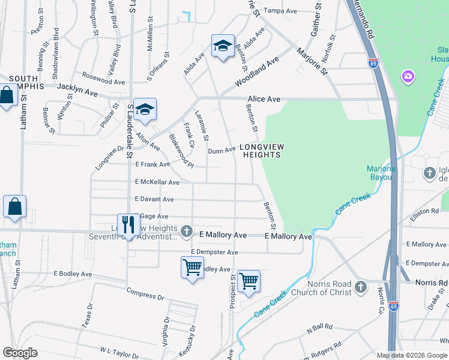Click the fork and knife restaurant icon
(x=128, y=225)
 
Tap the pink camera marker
(x=408, y=76)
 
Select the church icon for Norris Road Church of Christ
(x=360, y=287)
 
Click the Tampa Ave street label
(x=282, y=11)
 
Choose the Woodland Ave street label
(x=258, y=71)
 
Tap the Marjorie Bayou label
(x=381, y=173)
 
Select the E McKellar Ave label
(x=157, y=182)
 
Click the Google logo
(x=20, y=353)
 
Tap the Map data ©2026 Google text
(x=412, y=355)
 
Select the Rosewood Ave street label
(x=104, y=79)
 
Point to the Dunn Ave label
(x=221, y=151)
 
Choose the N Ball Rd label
(x=319, y=329)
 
